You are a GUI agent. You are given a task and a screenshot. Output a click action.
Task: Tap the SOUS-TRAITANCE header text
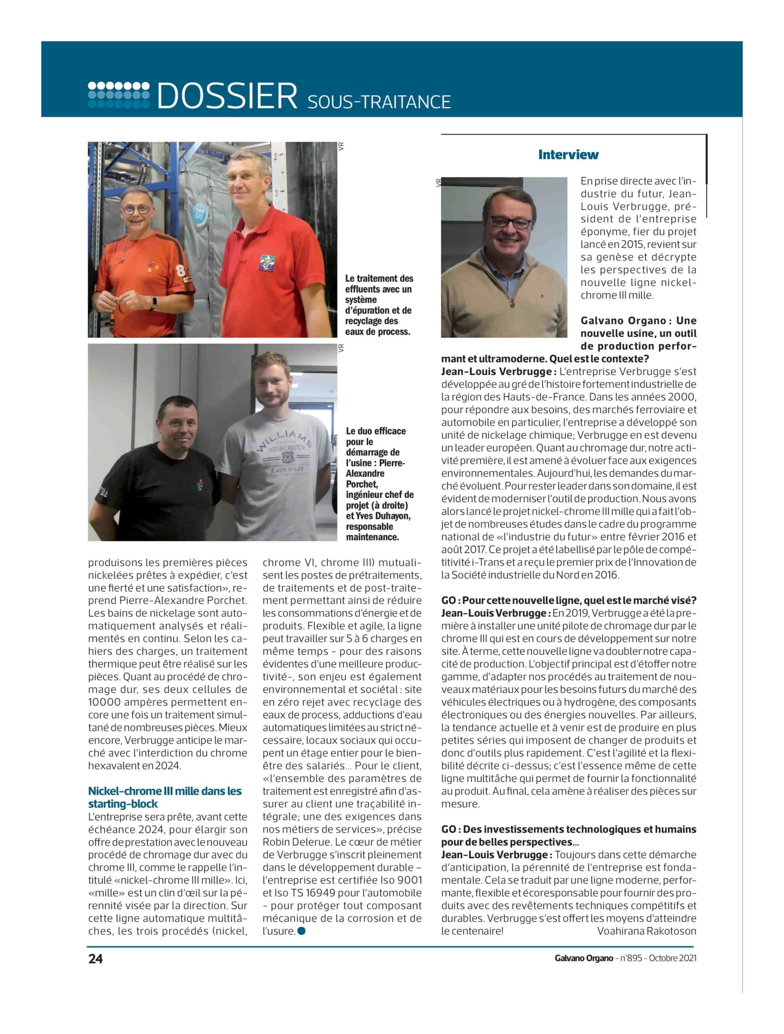(379, 102)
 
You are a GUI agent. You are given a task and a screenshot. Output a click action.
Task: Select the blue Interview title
(568, 155)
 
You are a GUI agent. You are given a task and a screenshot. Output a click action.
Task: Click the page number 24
(95, 958)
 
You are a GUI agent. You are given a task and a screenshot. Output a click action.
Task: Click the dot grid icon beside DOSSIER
(119, 95)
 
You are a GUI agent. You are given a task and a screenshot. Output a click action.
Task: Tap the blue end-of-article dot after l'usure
(301, 931)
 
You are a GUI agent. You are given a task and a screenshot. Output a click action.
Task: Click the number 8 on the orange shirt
(180, 270)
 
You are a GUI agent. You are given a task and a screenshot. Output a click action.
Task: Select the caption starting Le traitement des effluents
(379, 305)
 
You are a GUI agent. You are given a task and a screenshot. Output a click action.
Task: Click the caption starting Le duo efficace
(379, 483)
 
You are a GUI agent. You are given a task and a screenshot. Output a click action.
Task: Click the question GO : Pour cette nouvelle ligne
(568, 600)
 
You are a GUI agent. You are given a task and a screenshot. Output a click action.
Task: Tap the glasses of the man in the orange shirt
(136, 209)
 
